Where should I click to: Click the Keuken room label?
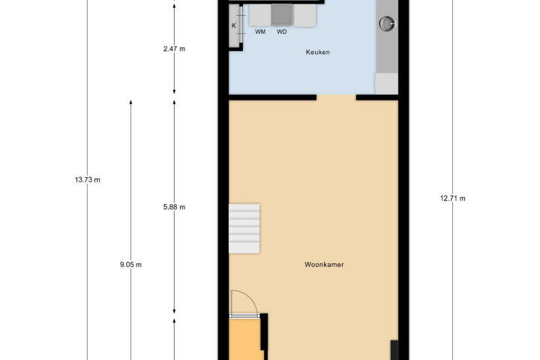317,52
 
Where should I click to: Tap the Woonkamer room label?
324,265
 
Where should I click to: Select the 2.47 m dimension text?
174,49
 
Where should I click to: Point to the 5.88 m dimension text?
174,207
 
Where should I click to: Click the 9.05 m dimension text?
130,265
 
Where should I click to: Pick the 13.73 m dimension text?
88,179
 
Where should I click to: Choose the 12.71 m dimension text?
452,199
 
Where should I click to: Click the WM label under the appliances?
260,31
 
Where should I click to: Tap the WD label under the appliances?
282,31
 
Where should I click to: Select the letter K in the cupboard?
234,25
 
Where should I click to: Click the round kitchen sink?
387,23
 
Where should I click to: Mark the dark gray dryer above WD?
282,15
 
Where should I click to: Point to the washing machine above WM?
260,15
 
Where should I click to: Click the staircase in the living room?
244,229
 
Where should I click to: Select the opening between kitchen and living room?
336,97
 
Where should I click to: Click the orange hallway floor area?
245,339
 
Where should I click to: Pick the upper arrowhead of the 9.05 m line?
130,102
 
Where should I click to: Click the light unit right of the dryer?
304,15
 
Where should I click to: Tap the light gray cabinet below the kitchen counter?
386,83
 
